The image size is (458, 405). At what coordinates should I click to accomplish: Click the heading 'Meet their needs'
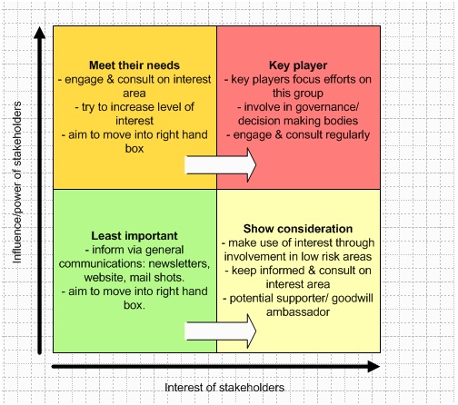click(134, 65)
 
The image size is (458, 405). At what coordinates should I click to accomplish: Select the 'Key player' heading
click(298, 65)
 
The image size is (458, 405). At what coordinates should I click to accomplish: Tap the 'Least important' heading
click(134, 236)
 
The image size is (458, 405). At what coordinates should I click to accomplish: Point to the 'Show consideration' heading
click(298, 229)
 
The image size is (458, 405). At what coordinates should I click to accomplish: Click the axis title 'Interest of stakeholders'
click(224, 388)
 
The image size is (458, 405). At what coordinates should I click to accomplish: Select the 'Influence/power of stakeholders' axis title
click(16, 183)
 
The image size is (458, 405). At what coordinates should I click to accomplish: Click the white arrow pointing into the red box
click(221, 165)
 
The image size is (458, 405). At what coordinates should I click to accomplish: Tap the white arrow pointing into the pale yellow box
click(221, 331)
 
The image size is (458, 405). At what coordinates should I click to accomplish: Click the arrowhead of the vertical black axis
click(39, 33)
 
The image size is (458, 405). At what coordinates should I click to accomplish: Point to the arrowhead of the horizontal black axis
click(373, 367)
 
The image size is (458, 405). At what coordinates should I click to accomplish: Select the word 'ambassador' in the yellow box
click(298, 312)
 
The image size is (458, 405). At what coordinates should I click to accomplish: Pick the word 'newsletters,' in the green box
click(179, 263)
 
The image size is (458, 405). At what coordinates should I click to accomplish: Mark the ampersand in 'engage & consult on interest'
click(111, 80)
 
